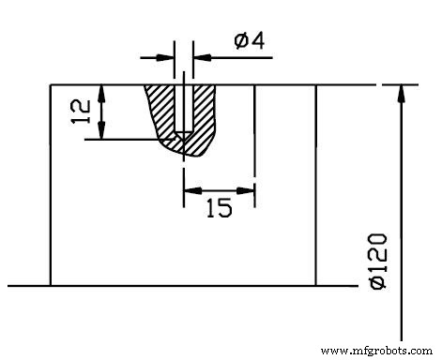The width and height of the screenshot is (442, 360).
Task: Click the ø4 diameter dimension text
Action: pyautogui.click(x=247, y=40)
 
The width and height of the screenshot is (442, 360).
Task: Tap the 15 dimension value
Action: pyautogui.click(x=219, y=209)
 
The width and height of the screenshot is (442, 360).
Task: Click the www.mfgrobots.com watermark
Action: pyautogui.click(x=377, y=350)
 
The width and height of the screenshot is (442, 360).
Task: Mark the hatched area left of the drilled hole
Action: pyautogui.click(x=163, y=112)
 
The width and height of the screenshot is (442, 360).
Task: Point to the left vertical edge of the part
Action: pyautogui.click(x=50, y=187)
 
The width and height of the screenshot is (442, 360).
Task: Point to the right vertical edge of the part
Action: pyautogui.click(x=315, y=187)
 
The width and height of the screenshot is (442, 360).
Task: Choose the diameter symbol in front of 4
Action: pyautogui.click(x=240, y=40)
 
